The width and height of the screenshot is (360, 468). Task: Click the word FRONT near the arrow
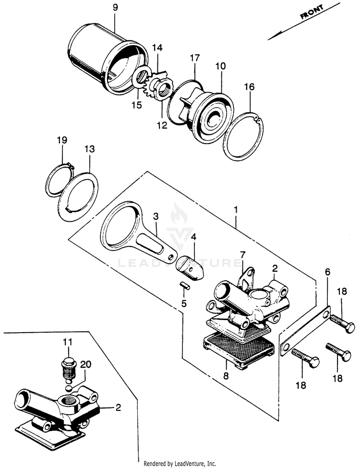[312, 12]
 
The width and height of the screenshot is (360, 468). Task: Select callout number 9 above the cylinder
[115, 8]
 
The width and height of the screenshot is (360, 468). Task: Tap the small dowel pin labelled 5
[185, 285]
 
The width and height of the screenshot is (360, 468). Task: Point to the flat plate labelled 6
[306, 331]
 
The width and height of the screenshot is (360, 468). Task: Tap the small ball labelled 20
[69, 388]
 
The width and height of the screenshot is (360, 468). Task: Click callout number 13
[89, 149]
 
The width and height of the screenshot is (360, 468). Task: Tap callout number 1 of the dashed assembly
[236, 210]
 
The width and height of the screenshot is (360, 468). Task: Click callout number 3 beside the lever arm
[156, 216]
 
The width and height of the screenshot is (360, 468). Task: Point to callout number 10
[221, 66]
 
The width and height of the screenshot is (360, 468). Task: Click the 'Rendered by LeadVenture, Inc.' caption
[180, 464]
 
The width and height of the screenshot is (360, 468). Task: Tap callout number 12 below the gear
[162, 125]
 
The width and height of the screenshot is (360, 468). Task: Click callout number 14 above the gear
[157, 47]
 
